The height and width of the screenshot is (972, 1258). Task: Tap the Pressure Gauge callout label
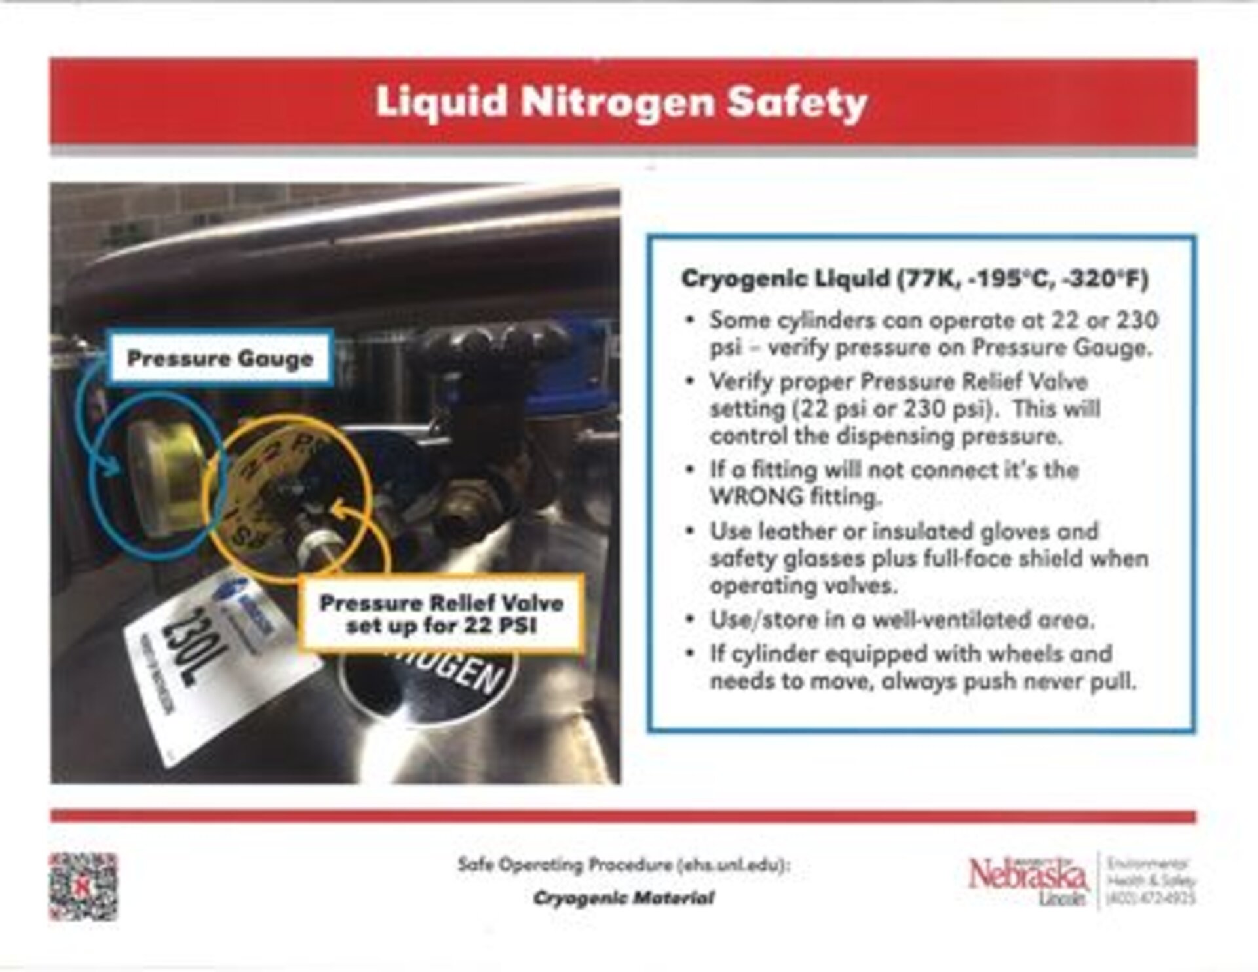(x=220, y=359)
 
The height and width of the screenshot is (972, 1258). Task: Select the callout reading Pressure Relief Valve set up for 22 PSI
(x=442, y=613)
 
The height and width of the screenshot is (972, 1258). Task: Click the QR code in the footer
(x=83, y=886)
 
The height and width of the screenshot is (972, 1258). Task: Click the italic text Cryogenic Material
(x=623, y=897)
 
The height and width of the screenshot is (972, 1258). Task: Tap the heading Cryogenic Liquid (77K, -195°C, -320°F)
(x=915, y=279)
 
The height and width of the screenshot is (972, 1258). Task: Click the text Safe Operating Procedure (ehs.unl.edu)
(x=624, y=865)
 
